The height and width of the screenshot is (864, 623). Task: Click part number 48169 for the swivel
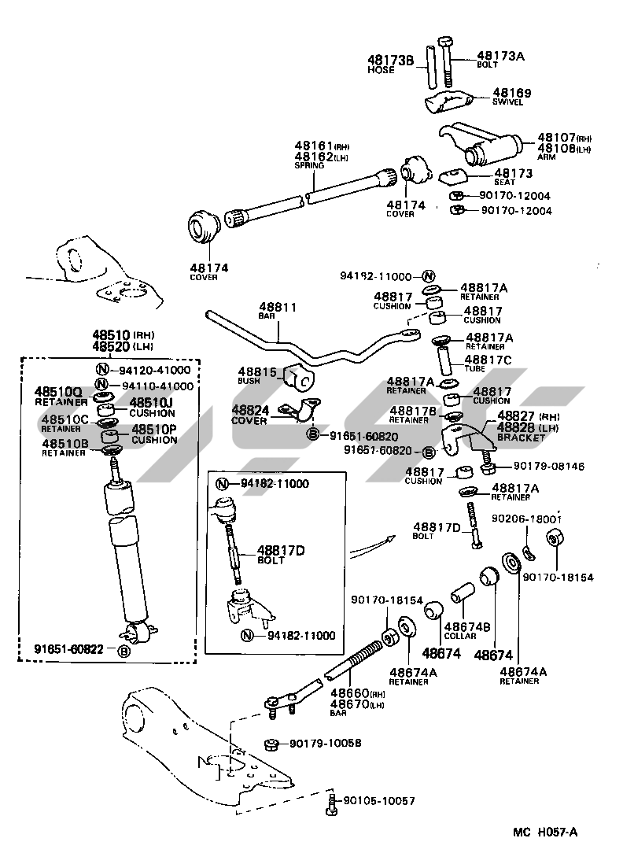512,93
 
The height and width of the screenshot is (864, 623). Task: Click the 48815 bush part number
258,371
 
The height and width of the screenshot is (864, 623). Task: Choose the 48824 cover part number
251,410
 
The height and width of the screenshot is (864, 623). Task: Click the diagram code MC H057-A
544,833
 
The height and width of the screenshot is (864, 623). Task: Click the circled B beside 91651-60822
123,651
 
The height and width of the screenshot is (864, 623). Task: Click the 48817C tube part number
494,359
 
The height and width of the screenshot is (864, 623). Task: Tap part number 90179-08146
549,467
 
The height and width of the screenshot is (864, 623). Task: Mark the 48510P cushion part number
154,430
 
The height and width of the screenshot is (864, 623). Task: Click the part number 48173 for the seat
513,172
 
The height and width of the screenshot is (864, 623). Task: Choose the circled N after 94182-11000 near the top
428,276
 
